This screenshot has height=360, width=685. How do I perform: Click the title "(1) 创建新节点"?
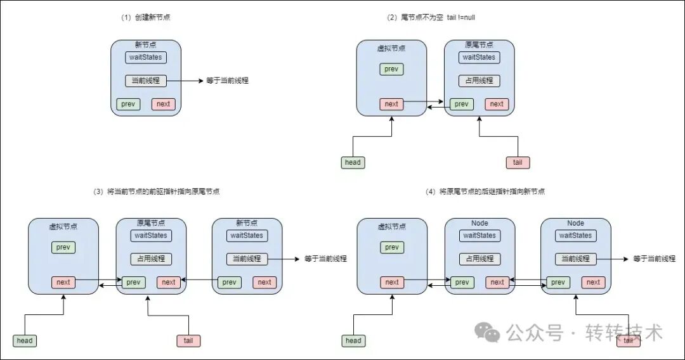tap(145, 18)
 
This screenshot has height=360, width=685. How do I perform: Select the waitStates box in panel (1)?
tap(146, 57)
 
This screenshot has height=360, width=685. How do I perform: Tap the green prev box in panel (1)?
tap(128, 105)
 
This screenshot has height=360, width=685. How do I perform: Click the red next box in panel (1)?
tap(164, 105)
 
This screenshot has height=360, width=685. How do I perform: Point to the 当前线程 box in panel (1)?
tap(146, 80)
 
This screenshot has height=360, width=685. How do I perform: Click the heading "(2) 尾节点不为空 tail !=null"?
tap(431, 18)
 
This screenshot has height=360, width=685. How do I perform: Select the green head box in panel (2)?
tap(353, 163)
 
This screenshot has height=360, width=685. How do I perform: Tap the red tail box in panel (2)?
tap(518, 163)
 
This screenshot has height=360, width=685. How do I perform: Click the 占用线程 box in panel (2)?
tap(480, 80)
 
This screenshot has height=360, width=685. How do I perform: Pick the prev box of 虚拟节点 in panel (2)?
tap(391, 69)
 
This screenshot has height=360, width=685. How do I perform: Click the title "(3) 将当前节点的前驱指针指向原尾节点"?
tap(157, 191)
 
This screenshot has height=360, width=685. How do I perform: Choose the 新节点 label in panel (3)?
tap(247, 223)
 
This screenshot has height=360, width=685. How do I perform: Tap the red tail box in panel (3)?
tap(189, 341)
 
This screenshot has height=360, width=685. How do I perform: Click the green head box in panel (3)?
tap(25, 341)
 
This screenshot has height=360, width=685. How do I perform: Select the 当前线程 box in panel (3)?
tap(247, 259)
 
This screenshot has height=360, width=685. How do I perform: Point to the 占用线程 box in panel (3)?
tap(151, 259)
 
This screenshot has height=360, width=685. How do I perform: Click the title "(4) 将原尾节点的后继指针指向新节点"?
tap(485, 191)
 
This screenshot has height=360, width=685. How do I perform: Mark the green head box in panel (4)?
tap(353, 341)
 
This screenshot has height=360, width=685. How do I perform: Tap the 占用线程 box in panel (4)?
tap(480, 259)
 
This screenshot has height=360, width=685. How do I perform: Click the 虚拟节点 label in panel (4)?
tap(392, 227)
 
